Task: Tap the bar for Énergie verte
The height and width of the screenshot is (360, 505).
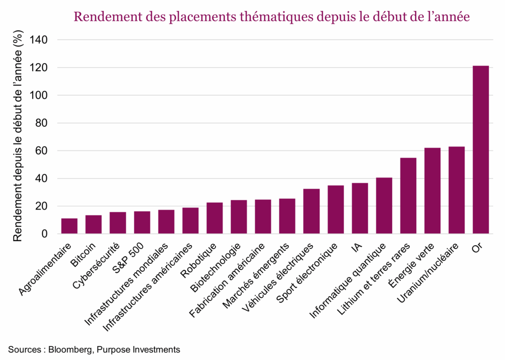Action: (x=432, y=191)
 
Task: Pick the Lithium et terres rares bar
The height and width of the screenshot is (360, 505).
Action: (x=408, y=196)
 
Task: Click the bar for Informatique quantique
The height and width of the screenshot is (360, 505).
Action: (x=384, y=206)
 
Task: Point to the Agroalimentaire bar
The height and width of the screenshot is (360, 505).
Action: (x=69, y=226)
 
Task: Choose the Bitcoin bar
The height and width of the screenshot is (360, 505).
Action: (x=93, y=224)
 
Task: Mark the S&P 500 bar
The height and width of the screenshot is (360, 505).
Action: (x=142, y=222)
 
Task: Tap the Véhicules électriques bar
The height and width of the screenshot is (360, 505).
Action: (x=311, y=211)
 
